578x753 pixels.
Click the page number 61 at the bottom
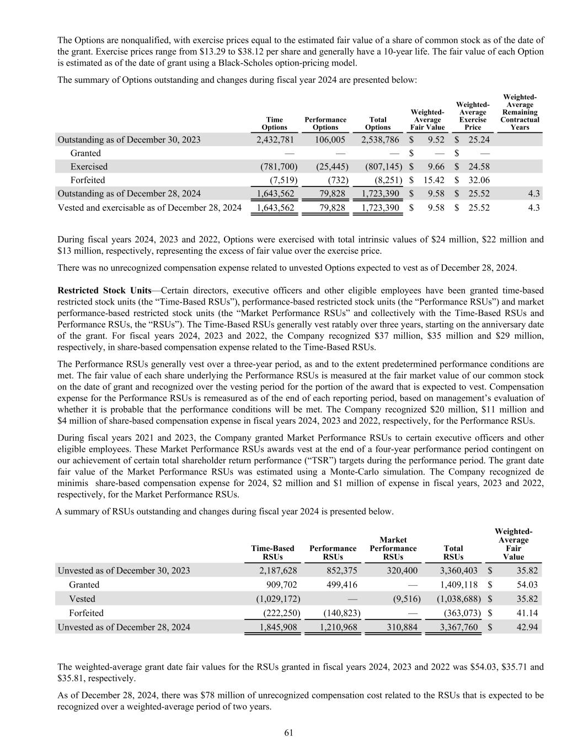tap(288, 733)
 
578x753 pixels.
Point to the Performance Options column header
tap(325, 124)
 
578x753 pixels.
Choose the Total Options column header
tap(378, 124)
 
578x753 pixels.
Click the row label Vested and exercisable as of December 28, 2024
tap(149, 207)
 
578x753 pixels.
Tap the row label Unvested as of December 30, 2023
tap(124, 570)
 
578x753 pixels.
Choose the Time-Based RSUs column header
tap(272, 552)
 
